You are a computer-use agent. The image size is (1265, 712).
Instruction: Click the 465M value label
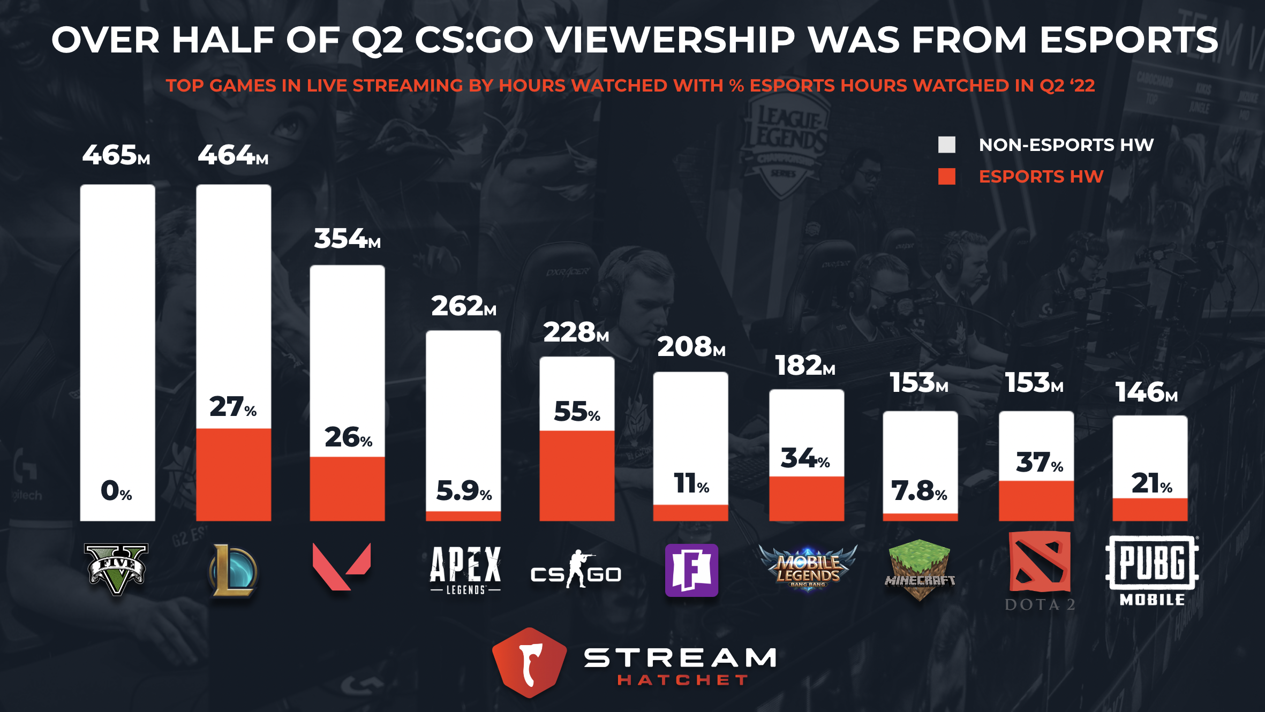pyautogui.click(x=116, y=155)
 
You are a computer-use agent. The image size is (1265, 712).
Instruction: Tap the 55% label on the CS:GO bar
pyautogui.click(x=577, y=411)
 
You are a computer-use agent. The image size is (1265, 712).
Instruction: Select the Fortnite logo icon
pyautogui.click(x=691, y=570)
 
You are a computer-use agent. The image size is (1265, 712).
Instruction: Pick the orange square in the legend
pyautogui.click(x=946, y=176)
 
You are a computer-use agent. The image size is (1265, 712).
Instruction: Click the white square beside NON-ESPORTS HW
pyautogui.click(x=946, y=145)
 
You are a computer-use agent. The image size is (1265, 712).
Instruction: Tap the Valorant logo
pyautogui.click(x=342, y=566)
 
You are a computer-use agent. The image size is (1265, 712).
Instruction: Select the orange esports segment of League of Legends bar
pyautogui.click(x=234, y=474)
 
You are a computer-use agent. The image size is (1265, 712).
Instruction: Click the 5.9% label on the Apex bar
pyautogui.click(x=464, y=490)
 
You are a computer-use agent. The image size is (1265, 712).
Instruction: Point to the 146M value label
pyautogui.click(x=1147, y=392)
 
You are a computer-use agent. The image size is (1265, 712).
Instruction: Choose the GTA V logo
pyautogui.click(x=117, y=569)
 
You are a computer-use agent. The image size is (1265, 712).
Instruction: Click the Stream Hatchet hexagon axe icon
pyautogui.click(x=530, y=662)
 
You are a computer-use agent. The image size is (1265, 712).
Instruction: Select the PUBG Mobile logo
pyautogui.click(x=1152, y=571)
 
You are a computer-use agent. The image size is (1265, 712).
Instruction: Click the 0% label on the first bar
pyautogui.click(x=116, y=490)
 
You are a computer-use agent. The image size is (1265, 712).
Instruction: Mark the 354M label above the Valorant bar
pyautogui.click(x=347, y=239)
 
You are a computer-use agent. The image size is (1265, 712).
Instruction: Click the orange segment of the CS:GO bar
pyautogui.click(x=577, y=475)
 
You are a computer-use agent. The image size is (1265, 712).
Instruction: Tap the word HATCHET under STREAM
pyautogui.click(x=682, y=680)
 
